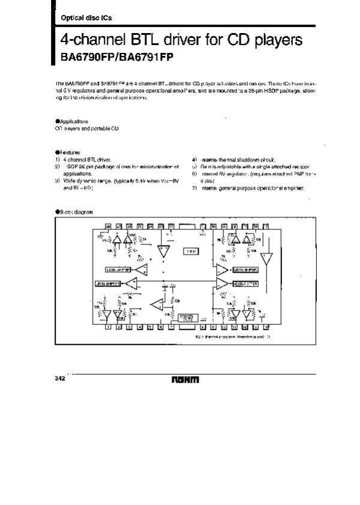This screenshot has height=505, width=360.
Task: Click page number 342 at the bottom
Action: click(x=60, y=378)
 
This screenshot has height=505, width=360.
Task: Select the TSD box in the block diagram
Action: click(x=191, y=250)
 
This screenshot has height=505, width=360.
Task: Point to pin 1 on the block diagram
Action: click(x=108, y=327)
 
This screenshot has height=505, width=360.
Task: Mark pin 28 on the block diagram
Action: click(x=108, y=226)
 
